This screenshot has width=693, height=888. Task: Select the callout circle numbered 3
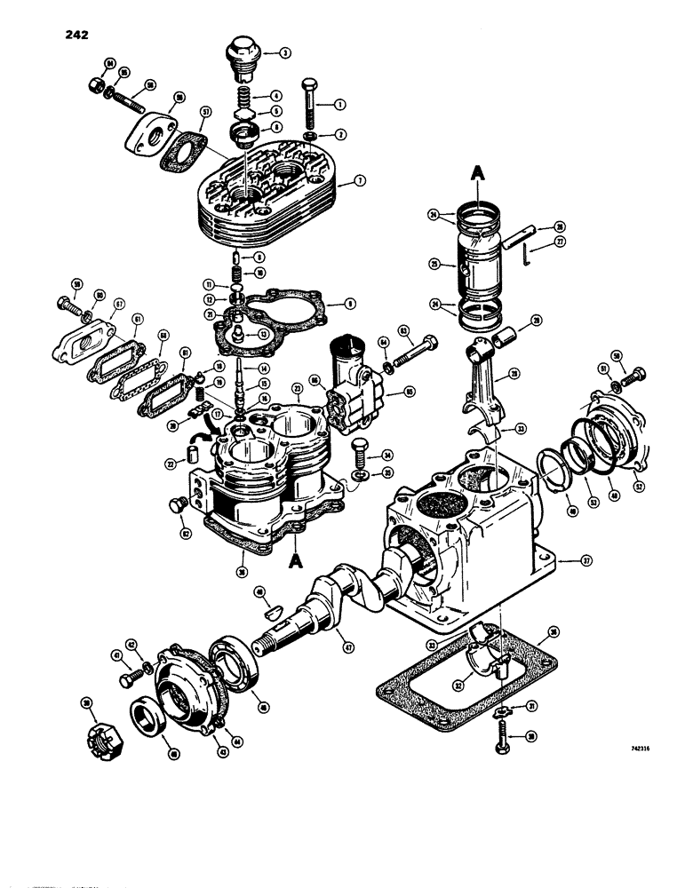pyautogui.click(x=285, y=53)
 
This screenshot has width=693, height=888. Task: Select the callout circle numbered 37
pyautogui.click(x=586, y=561)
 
